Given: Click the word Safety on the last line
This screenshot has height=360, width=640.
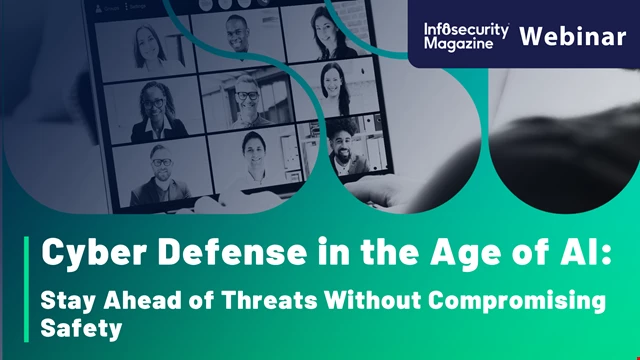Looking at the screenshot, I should click(72, 326).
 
